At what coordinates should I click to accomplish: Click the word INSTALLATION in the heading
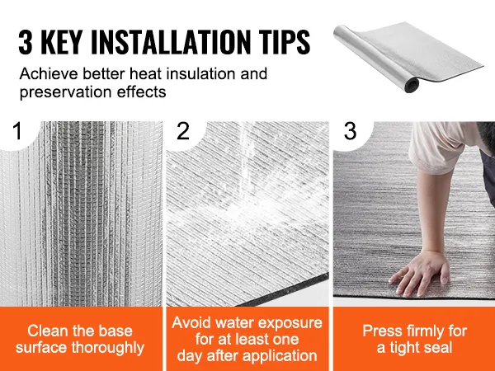pyautogui.click(x=170, y=42)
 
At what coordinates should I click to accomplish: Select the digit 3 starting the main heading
pyautogui.click(x=26, y=42)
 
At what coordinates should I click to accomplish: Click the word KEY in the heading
pyautogui.click(x=61, y=42)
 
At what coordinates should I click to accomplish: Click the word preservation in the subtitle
pyautogui.click(x=66, y=92)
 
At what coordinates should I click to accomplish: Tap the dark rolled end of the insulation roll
pyautogui.click(x=412, y=85)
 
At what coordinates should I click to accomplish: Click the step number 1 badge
pyautogui.click(x=17, y=131)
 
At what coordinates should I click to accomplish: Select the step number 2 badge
pyautogui.click(x=183, y=131)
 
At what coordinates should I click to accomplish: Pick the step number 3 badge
pyautogui.click(x=350, y=131)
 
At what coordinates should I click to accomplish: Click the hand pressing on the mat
pyautogui.click(x=420, y=272)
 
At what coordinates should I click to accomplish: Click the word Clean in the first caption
pyautogui.click(x=47, y=331)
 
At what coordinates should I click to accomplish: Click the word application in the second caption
pyautogui.click(x=279, y=356)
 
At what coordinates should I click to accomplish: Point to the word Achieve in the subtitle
pyautogui.click(x=49, y=73)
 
